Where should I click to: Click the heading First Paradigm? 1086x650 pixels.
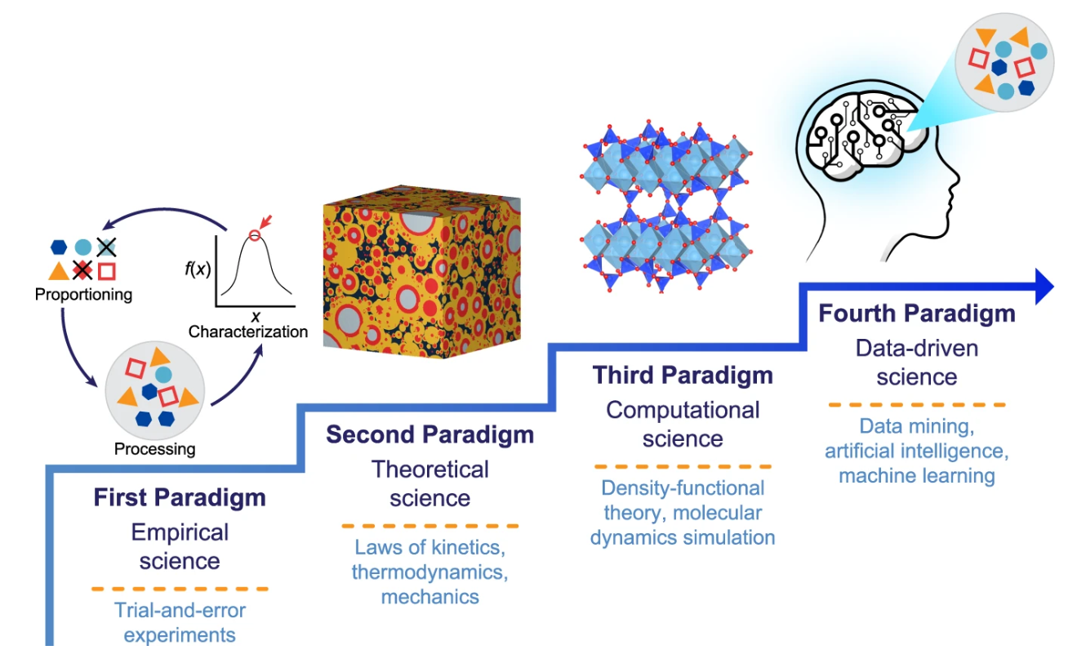point(180,497)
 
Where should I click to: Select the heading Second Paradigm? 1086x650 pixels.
point(430,434)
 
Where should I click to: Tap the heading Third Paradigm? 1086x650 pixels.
point(683,375)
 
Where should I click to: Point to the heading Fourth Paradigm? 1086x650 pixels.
point(917,314)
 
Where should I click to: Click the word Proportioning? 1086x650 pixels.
point(83,295)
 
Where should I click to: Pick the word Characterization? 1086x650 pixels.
point(248,332)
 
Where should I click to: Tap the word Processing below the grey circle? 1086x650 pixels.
point(155,448)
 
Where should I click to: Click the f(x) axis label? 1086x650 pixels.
point(195,269)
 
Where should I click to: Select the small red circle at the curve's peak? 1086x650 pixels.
point(254,236)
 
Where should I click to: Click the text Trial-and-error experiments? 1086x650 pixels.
point(180,622)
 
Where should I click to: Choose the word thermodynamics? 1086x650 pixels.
point(430,571)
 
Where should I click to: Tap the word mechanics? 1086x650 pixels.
point(430,596)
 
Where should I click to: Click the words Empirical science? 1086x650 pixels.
point(180,547)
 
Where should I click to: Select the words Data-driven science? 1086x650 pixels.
point(917,362)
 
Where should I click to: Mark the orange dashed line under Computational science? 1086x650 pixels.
point(683,466)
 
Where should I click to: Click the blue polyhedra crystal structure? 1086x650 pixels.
point(665,204)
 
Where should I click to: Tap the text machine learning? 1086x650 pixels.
point(917,475)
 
